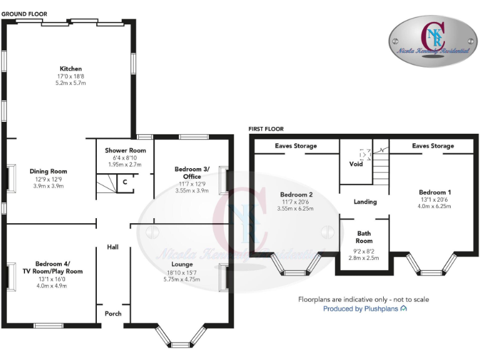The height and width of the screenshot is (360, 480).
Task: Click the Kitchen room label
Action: [71, 69]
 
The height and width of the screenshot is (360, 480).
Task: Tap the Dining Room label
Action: [48, 171]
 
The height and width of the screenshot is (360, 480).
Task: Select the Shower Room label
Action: [125, 151]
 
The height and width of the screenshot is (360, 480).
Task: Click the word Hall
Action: [112, 247]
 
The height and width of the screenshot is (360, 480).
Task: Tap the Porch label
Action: [112, 313]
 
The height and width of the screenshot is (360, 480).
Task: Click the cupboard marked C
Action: [125, 182]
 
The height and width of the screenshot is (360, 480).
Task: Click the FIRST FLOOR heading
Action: [266, 129]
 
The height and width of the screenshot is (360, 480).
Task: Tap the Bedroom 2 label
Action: [297, 195]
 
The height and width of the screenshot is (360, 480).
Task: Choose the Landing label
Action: [365, 202]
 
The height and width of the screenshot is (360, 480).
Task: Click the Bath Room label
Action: [364, 236]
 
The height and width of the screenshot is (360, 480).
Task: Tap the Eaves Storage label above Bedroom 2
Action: [296, 146]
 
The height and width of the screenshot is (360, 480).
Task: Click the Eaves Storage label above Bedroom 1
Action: [433, 146]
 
